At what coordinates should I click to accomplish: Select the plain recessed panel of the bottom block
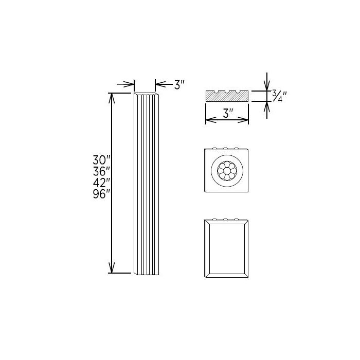pyautogui.click(x=227, y=248)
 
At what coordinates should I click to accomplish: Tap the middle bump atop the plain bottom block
pyautogui.click(x=226, y=220)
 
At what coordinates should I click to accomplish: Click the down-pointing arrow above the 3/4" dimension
pyautogui.click(x=266, y=86)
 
